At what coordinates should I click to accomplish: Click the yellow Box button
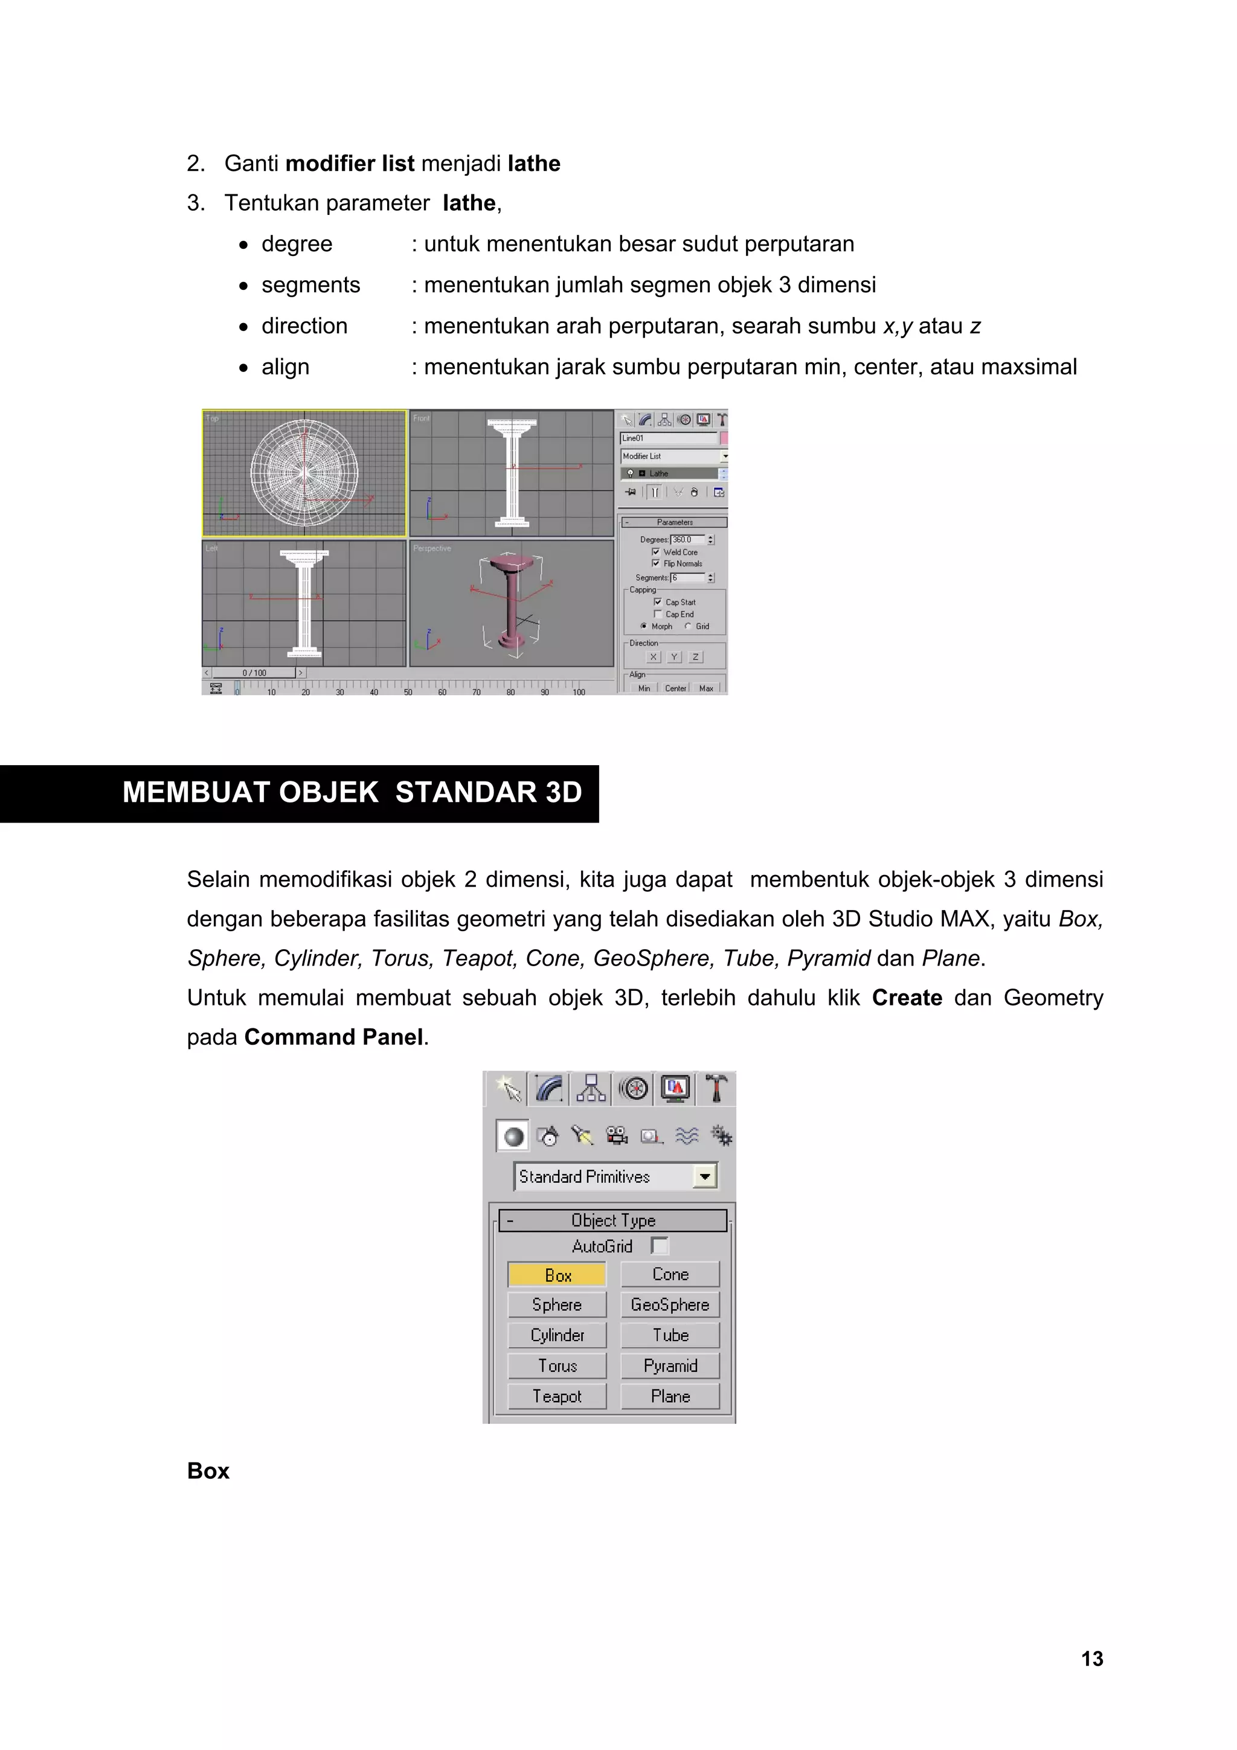coord(557,1274)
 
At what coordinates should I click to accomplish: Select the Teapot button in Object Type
coord(557,1396)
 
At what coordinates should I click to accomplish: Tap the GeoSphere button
coord(670,1305)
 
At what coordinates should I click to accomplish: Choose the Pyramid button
coord(670,1366)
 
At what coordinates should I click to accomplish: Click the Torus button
coord(557,1366)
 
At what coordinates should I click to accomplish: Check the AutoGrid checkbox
coord(660,1245)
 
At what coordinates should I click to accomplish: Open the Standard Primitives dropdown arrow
coord(705,1177)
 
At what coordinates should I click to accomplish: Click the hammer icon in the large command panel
coord(716,1088)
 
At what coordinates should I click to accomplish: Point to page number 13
coord(1091,1659)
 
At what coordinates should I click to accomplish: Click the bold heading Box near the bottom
coord(208,1471)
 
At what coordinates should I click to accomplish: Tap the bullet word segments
coord(310,285)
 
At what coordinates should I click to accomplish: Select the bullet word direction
coord(304,326)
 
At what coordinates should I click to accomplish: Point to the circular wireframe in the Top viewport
coord(304,473)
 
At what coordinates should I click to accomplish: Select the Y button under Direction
coord(673,657)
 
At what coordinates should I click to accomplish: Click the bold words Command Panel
coord(333,1037)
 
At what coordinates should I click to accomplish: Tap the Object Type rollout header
coord(613,1220)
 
